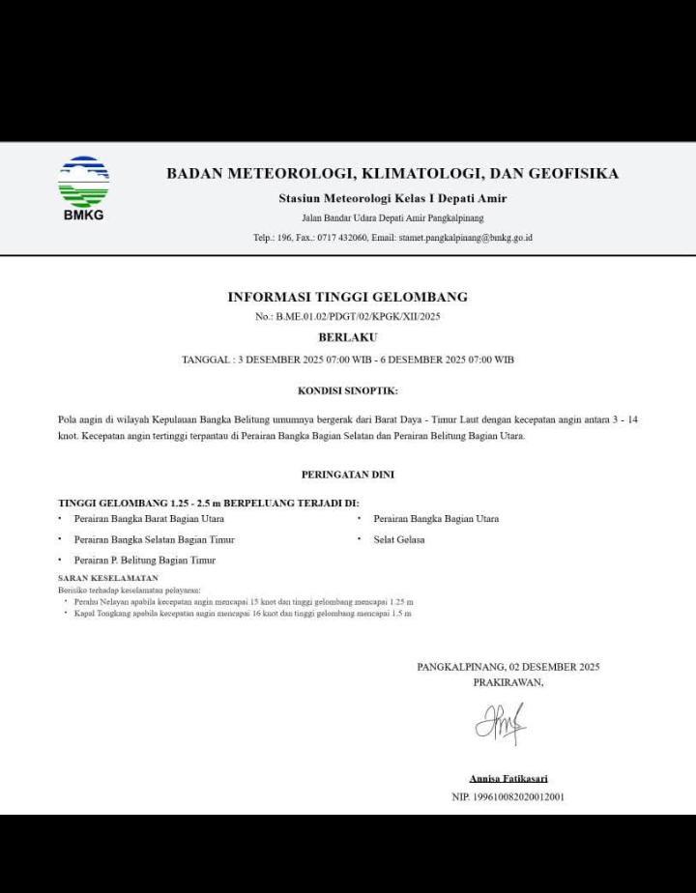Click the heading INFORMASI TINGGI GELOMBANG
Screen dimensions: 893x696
(347, 297)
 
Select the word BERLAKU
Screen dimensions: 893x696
(347, 337)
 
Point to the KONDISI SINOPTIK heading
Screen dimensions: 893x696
(347, 390)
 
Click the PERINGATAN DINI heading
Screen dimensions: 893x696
(347, 475)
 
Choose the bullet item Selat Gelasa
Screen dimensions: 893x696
(399, 539)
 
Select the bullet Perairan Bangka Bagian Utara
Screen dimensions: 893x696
(436, 519)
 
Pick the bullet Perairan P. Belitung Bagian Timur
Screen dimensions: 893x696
(145, 560)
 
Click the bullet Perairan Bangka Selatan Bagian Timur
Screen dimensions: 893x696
(154, 539)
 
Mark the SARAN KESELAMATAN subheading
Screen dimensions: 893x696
(108, 578)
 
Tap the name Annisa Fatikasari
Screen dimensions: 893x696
(508, 778)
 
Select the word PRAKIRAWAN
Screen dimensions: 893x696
(507, 682)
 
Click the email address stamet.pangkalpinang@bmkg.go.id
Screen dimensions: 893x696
(465, 237)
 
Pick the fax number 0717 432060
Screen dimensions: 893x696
(342, 237)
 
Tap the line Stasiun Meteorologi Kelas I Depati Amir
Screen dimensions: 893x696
(392, 198)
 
